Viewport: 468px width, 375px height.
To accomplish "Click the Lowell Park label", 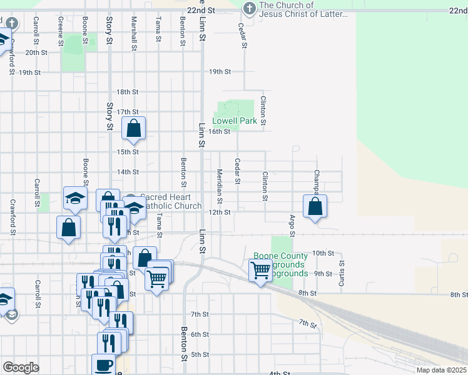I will click(235, 121).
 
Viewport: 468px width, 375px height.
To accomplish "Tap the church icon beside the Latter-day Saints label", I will click(249, 9).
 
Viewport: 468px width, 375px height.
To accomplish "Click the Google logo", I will click(21, 367).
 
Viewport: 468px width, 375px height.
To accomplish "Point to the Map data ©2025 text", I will click(441, 370).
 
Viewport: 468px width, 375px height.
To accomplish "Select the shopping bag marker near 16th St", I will click(134, 129).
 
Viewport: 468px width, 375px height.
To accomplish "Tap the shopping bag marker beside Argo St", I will click(315, 207).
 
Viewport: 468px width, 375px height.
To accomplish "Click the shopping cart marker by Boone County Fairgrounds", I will click(260, 271).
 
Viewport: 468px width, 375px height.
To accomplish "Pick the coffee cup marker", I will click(103, 364).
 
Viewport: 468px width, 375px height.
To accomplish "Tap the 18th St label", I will click(127, 92).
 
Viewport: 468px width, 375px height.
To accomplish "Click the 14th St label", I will click(127, 172).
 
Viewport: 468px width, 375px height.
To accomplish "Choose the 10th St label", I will click(323, 252).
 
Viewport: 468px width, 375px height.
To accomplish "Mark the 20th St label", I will click(36, 52).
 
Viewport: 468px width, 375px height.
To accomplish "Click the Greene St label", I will click(61, 31).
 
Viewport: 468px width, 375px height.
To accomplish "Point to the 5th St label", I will click(200, 354).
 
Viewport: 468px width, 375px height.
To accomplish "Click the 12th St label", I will click(220, 212).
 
